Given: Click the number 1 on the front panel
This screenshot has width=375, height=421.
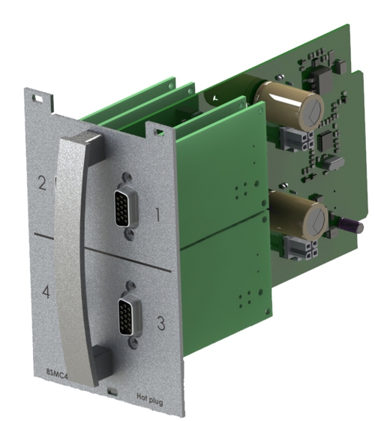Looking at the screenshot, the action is [158, 215].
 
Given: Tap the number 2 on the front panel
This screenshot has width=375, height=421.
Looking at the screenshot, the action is [42, 183].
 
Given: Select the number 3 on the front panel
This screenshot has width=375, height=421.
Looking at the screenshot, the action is [161, 323].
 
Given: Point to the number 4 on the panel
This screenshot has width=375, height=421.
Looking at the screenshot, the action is [46, 292].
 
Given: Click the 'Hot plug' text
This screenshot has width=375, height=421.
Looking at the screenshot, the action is [150, 400].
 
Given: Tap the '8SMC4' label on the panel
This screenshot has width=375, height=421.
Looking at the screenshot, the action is [56, 374].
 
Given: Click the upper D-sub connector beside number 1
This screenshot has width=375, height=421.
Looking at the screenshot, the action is [126, 205].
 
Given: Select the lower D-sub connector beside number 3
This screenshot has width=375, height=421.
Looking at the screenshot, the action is [130, 317].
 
